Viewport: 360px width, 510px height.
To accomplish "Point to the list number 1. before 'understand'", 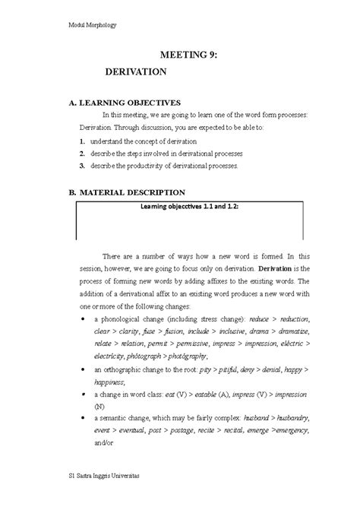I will click(x=82, y=141).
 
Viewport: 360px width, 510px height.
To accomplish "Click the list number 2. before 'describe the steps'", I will click(x=82, y=154).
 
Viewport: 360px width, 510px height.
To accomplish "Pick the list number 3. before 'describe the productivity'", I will click(x=82, y=165).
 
